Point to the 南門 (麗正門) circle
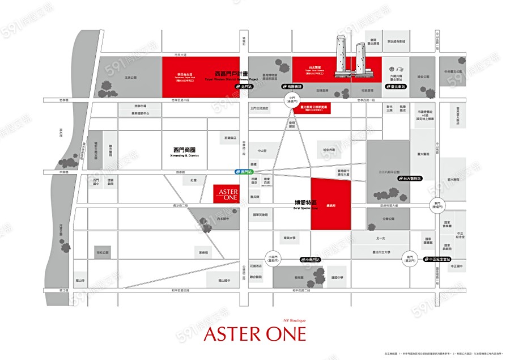[409, 258]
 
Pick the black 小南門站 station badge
[311, 259]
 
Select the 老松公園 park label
[103, 252]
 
